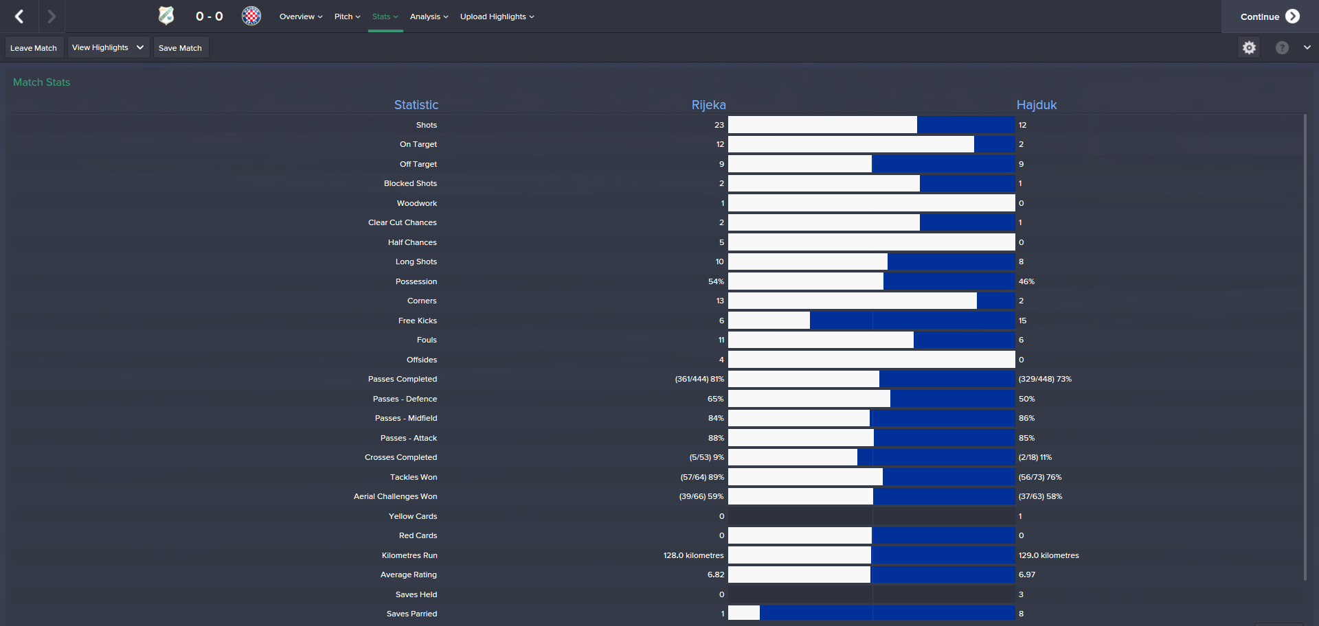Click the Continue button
pyautogui.click(x=1269, y=16)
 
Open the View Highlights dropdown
pyautogui.click(x=109, y=47)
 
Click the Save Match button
pyautogui.click(x=180, y=48)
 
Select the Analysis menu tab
pyautogui.click(x=429, y=16)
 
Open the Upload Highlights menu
pyautogui.click(x=497, y=16)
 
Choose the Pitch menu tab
pyautogui.click(x=347, y=16)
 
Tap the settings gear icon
pyautogui.click(x=1249, y=47)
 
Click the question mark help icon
pyautogui.click(x=1282, y=47)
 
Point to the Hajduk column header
pyautogui.click(x=1036, y=105)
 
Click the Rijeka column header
pyautogui.click(x=708, y=105)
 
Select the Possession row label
pyautogui.click(x=416, y=281)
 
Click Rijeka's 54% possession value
pyautogui.click(x=716, y=281)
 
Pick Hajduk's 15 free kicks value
pyautogui.click(x=1022, y=321)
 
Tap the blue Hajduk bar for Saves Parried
pyautogui.click(x=886, y=614)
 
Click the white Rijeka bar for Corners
pyautogui.click(x=852, y=301)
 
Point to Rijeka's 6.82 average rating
pyautogui.click(x=716, y=575)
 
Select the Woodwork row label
pyautogui.click(x=416, y=203)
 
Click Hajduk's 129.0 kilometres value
pyautogui.click(x=1048, y=555)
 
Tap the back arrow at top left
pyautogui.click(x=19, y=16)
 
